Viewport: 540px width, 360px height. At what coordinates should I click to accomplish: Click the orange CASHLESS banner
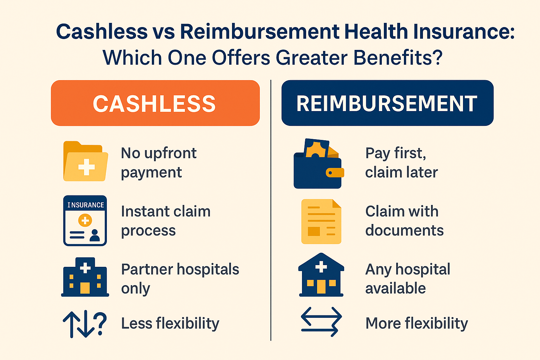tap(155, 103)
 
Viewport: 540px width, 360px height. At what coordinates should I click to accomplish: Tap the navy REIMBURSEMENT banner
tap(387, 103)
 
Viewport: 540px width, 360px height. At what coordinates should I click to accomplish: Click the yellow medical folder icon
tap(85, 161)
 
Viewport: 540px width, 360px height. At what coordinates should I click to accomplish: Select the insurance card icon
tap(85, 221)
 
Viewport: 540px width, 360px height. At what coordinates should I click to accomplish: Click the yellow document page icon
tap(321, 221)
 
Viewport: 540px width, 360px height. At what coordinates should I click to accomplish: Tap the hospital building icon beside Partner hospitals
tap(85, 277)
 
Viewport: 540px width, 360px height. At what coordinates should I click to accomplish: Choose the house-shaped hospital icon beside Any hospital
tap(321, 275)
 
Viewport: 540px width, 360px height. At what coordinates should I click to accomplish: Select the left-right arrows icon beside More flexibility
tap(321, 322)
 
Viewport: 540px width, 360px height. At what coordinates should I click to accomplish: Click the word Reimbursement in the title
tap(260, 32)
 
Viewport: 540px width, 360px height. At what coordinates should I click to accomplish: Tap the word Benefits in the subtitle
tap(398, 58)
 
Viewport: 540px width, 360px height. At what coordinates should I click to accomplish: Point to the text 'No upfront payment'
tap(159, 163)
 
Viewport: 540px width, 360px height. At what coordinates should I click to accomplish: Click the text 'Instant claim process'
tap(166, 221)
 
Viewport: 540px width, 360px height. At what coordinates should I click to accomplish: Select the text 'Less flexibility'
tap(170, 323)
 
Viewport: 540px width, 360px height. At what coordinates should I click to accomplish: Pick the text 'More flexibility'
tap(417, 323)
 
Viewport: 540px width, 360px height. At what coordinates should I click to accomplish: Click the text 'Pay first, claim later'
tap(401, 163)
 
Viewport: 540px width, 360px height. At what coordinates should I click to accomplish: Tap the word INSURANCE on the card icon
tap(85, 205)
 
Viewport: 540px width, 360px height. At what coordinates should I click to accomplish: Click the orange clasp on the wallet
tap(335, 173)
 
